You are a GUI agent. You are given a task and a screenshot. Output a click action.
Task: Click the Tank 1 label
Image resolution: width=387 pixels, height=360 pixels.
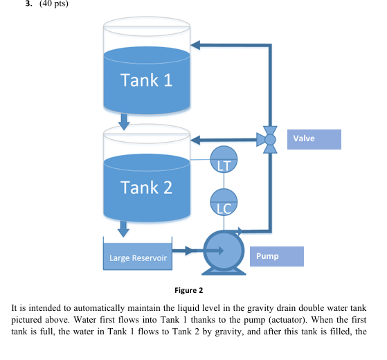(146, 80)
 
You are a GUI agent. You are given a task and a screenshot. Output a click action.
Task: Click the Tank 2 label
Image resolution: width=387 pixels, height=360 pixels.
(146, 187)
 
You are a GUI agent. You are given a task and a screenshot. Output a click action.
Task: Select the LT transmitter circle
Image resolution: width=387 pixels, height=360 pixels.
(224, 160)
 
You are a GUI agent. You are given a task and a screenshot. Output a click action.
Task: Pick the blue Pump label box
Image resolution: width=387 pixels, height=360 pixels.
(276, 256)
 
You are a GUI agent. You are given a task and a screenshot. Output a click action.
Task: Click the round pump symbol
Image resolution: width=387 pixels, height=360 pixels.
(223, 251)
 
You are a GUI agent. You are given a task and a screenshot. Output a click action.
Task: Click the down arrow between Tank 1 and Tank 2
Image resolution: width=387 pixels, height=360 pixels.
(125, 121)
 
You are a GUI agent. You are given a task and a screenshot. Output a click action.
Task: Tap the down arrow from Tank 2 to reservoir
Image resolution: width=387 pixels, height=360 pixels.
(125, 228)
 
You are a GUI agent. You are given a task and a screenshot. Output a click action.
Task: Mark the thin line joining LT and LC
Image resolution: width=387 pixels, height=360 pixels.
(224, 181)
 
